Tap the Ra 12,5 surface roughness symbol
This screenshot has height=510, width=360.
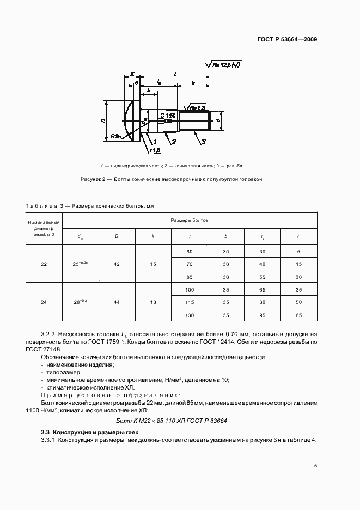(x=224, y=65)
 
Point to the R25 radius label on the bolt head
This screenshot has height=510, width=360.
(x=114, y=136)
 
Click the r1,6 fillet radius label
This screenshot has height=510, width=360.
(x=154, y=150)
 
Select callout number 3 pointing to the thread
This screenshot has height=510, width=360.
(x=202, y=142)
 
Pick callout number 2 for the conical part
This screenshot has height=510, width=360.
(x=173, y=142)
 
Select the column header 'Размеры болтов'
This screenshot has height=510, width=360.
(x=190, y=221)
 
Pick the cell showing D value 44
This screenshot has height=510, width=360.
(x=117, y=302)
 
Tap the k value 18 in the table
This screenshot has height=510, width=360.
(x=153, y=302)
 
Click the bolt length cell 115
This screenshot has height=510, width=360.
(x=190, y=302)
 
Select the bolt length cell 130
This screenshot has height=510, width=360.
(x=190, y=315)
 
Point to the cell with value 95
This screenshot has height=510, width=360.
(x=262, y=315)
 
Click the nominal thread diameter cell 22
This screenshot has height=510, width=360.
(x=44, y=264)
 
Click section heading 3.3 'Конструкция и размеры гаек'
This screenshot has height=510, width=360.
(x=90, y=432)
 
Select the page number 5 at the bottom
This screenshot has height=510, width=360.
(x=315, y=466)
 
